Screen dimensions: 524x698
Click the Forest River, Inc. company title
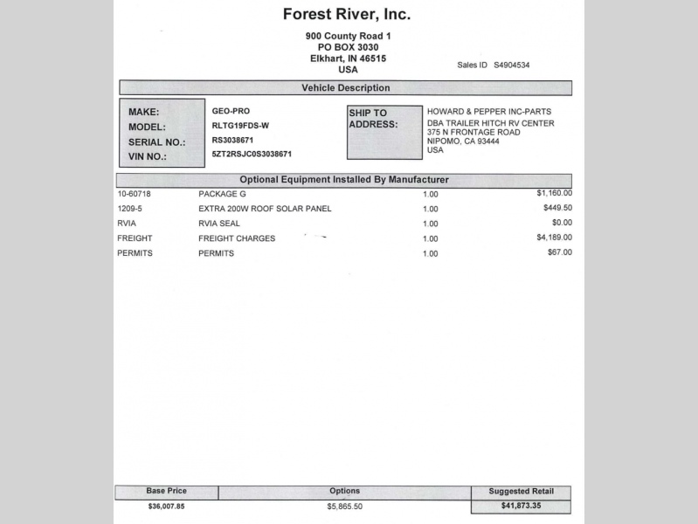pyautogui.click(x=346, y=15)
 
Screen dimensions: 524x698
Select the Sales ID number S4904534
pyautogui.click(x=512, y=65)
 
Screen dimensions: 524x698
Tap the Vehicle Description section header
pyautogui.click(x=346, y=88)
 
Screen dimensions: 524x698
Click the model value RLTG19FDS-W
pyautogui.click(x=240, y=126)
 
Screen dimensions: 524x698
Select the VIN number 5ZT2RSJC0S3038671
pyautogui.click(x=252, y=154)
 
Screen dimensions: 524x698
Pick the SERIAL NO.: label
pyautogui.click(x=157, y=141)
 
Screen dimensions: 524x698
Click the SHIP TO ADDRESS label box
pyautogui.click(x=384, y=133)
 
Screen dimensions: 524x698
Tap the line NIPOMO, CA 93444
pyautogui.click(x=463, y=141)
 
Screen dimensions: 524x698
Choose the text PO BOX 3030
pyautogui.click(x=348, y=47)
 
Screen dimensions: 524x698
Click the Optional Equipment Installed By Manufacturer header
pyautogui.click(x=344, y=180)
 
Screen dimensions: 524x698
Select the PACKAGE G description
pyautogui.click(x=223, y=194)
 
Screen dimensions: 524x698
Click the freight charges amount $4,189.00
pyautogui.click(x=554, y=237)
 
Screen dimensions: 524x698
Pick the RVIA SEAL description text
pyautogui.click(x=219, y=224)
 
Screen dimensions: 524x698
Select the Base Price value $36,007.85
pyautogui.click(x=166, y=506)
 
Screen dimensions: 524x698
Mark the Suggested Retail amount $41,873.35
pyautogui.click(x=521, y=506)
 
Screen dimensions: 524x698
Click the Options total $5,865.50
pyautogui.click(x=344, y=507)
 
